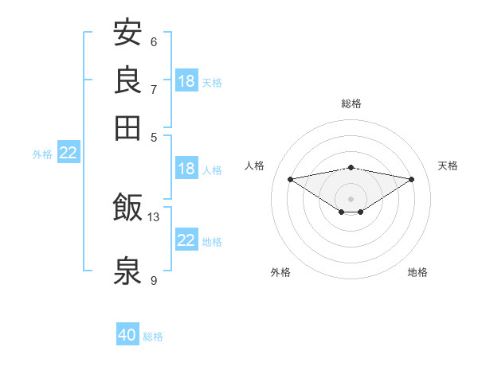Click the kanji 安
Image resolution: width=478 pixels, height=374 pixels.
pos(127,32)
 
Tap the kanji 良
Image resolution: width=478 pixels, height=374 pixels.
pos(127,80)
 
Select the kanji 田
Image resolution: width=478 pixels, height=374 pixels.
pos(127,128)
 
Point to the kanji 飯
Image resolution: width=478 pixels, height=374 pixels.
pos(127,207)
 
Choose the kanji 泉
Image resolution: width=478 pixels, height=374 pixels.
pos(127,270)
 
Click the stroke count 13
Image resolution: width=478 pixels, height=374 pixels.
pos(153,217)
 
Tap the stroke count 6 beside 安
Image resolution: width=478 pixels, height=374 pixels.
pos(154,42)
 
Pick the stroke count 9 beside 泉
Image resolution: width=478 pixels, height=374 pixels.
pos(154,280)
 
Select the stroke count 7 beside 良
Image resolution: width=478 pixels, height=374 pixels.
pos(154,90)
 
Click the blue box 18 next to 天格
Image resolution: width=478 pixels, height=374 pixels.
pos(186,80)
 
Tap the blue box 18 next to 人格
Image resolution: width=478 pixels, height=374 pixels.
pos(186,168)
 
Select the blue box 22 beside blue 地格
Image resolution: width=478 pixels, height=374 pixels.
pos(186,240)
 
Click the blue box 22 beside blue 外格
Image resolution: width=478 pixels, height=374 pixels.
pos(69,152)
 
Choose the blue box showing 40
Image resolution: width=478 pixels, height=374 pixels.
pos(127,333)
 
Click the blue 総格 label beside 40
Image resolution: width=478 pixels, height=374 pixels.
pos(153,337)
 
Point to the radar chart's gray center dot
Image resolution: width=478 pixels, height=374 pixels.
pos(351,199)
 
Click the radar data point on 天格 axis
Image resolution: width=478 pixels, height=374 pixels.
pos(412,179)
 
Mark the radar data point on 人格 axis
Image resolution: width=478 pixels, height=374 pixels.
pos(291,179)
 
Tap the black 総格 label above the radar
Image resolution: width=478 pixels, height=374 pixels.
pos(351,103)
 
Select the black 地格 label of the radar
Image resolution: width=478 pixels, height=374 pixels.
pos(417,272)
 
